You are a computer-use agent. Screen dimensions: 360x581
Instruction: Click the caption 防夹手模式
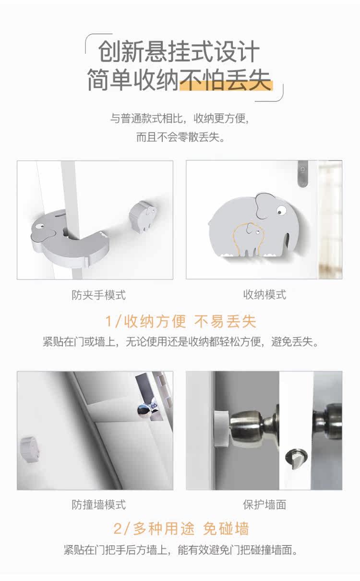99,295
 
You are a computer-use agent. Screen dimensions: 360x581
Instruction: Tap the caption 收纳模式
264,295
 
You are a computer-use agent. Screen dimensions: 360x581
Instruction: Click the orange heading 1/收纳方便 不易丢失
181,322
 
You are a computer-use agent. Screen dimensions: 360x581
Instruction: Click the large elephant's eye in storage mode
280,210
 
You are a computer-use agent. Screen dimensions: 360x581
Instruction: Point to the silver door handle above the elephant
303,174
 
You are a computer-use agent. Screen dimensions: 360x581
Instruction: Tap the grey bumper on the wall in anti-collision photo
29,449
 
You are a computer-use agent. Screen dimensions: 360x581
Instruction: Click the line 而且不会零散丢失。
180,137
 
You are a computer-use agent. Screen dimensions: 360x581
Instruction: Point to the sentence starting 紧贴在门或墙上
180,342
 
